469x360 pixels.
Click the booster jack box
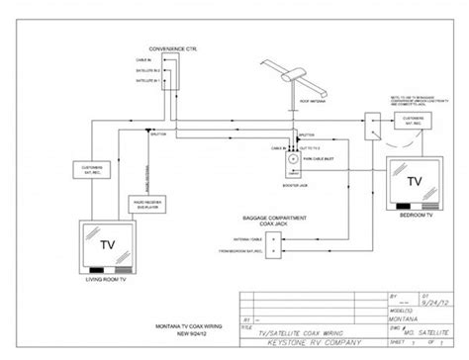pyautogui.click(x=293, y=159)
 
